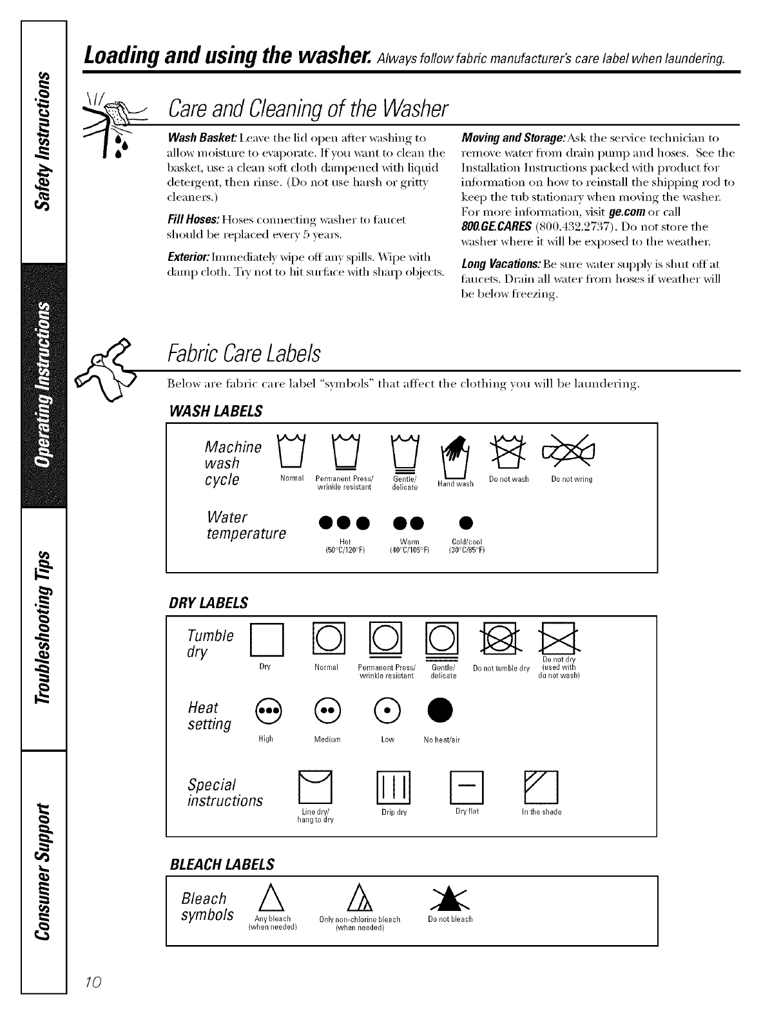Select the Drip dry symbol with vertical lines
coord(394,787)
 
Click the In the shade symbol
coord(541,787)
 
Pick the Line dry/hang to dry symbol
coord(315,787)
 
